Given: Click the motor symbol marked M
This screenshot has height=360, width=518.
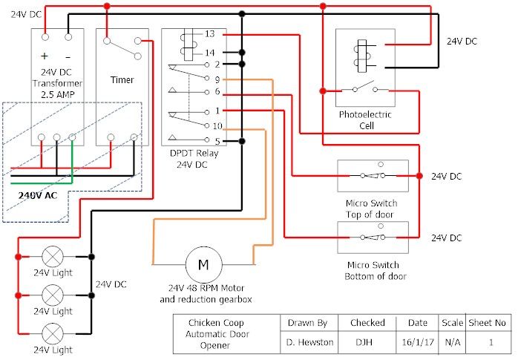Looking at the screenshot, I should point(203,263).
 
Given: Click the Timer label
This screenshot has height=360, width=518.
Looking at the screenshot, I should point(122,79).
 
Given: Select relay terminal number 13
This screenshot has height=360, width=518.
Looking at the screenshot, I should point(210,34).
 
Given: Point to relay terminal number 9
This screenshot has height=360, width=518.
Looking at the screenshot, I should point(216,78).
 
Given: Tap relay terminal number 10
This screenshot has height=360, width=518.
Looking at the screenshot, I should point(217,126).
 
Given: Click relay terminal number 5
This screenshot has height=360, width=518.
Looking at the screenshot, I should point(216,141).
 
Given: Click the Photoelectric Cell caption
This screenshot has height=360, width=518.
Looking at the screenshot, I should point(365,120).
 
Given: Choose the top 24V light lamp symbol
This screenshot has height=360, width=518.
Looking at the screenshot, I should point(53,257).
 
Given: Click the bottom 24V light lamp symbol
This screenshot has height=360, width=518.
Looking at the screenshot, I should point(53,331).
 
